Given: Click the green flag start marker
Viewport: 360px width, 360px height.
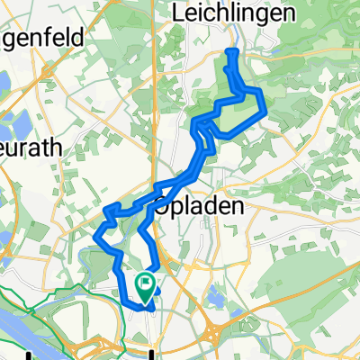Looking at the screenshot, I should click(x=144, y=286).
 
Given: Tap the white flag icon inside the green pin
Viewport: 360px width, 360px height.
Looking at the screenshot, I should click(x=144, y=283).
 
